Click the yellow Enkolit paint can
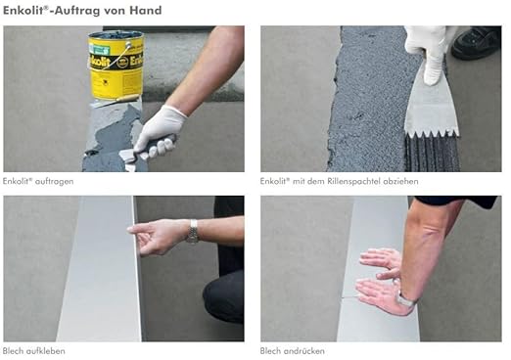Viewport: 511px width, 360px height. point(116,65)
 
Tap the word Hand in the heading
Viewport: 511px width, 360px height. point(146,11)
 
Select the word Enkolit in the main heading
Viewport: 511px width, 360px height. point(23,11)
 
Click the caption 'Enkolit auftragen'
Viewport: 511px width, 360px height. point(38,181)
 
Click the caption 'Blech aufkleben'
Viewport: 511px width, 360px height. point(34,351)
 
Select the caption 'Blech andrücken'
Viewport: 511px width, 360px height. point(292,351)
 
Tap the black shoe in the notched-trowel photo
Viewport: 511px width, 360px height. point(476,43)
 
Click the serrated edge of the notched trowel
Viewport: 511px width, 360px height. point(432,134)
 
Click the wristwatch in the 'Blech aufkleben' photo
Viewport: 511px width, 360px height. point(193,231)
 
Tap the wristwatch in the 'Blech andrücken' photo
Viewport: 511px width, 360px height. point(405,299)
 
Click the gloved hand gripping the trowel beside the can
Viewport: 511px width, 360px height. point(159,132)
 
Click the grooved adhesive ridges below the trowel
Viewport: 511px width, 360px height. point(432,154)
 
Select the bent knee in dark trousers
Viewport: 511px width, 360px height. point(223,295)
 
